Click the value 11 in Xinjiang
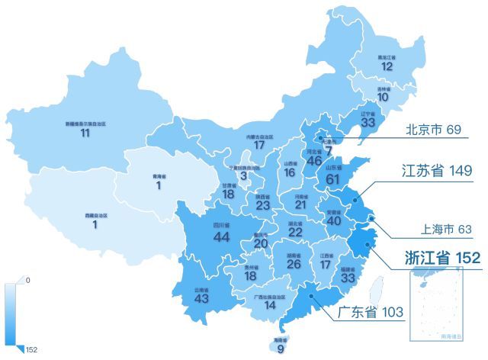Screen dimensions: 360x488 point(85,133)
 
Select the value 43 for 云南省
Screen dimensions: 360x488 point(201,298)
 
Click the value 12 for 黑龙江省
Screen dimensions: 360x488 point(387,66)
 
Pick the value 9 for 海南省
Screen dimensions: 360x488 point(281,349)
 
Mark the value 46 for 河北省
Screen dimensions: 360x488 point(314,161)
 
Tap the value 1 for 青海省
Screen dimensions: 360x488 point(159,185)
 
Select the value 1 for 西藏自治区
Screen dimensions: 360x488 point(95,224)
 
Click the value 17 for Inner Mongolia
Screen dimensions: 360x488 point(259,145)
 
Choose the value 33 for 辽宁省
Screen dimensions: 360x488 point(368,122)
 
